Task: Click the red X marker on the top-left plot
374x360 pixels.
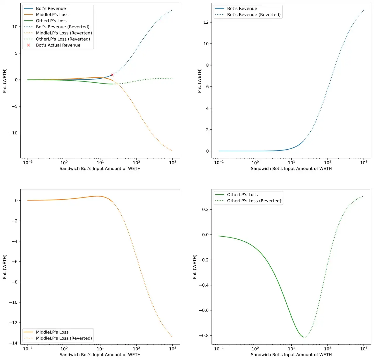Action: point(112,75)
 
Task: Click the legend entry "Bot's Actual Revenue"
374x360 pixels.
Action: point(58,45)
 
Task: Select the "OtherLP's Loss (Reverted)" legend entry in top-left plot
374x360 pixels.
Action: point(63,39)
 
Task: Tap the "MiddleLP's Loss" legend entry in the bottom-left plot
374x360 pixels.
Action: point(52,332)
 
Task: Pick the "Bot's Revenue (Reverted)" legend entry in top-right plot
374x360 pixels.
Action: point(254,15)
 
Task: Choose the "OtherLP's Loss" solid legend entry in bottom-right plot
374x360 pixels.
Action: point(242,195)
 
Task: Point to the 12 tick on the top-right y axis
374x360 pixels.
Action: point(206,22)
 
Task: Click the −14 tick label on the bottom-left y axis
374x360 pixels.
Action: point(14,343)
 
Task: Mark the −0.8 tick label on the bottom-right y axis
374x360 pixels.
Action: point(204,335)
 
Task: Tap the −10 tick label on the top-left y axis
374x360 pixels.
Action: point(13,133)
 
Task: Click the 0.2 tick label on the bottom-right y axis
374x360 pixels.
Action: point(206,210)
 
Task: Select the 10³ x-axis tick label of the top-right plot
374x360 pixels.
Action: point(363,162)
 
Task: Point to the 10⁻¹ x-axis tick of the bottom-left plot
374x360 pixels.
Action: point(28,349)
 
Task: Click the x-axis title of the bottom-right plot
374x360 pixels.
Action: point(291,355)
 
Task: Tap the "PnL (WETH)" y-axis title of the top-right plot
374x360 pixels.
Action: point(200,81)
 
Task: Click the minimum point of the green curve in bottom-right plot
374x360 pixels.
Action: point(304,337)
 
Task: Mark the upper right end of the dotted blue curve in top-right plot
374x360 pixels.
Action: point(364,10)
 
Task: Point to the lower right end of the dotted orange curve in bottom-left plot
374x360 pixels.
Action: point(172,337)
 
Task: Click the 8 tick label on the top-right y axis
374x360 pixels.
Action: point(207,65)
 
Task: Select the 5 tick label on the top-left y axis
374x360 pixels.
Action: point(16,53)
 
